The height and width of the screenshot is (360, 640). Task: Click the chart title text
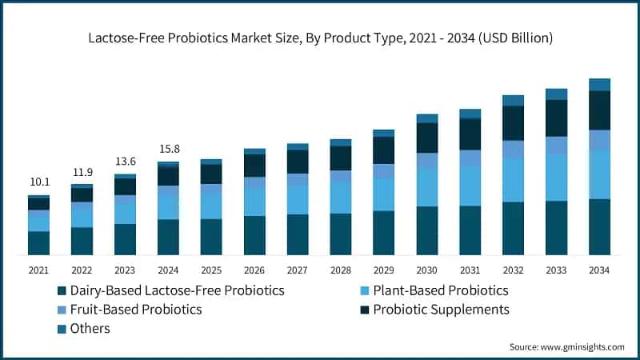pos(320,38)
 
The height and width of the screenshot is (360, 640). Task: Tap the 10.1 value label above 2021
pos(38,182)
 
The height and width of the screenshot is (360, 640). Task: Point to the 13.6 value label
pos(125,161)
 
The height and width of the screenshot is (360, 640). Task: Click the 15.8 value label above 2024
pos(168,149)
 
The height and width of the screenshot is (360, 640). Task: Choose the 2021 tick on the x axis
pos(38,271)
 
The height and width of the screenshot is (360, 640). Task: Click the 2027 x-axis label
pos(298,271)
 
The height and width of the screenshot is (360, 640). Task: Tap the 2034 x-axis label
pos(599,271)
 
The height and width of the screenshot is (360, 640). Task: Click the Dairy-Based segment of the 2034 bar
pos(599,227)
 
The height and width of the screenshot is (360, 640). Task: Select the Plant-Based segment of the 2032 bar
pos(513,180)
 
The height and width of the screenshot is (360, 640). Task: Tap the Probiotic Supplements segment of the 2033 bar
pos(556,118)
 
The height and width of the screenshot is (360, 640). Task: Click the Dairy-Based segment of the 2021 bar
pos(38,243)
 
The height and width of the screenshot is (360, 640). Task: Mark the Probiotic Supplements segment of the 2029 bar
pos(384,150)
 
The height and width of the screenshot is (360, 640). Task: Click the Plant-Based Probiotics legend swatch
pos(366,290)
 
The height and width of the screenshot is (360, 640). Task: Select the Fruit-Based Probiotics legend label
pos(136,309)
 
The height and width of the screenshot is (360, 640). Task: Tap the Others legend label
pos(90,328)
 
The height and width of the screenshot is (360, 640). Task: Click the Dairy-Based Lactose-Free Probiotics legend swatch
pos(61,290)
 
